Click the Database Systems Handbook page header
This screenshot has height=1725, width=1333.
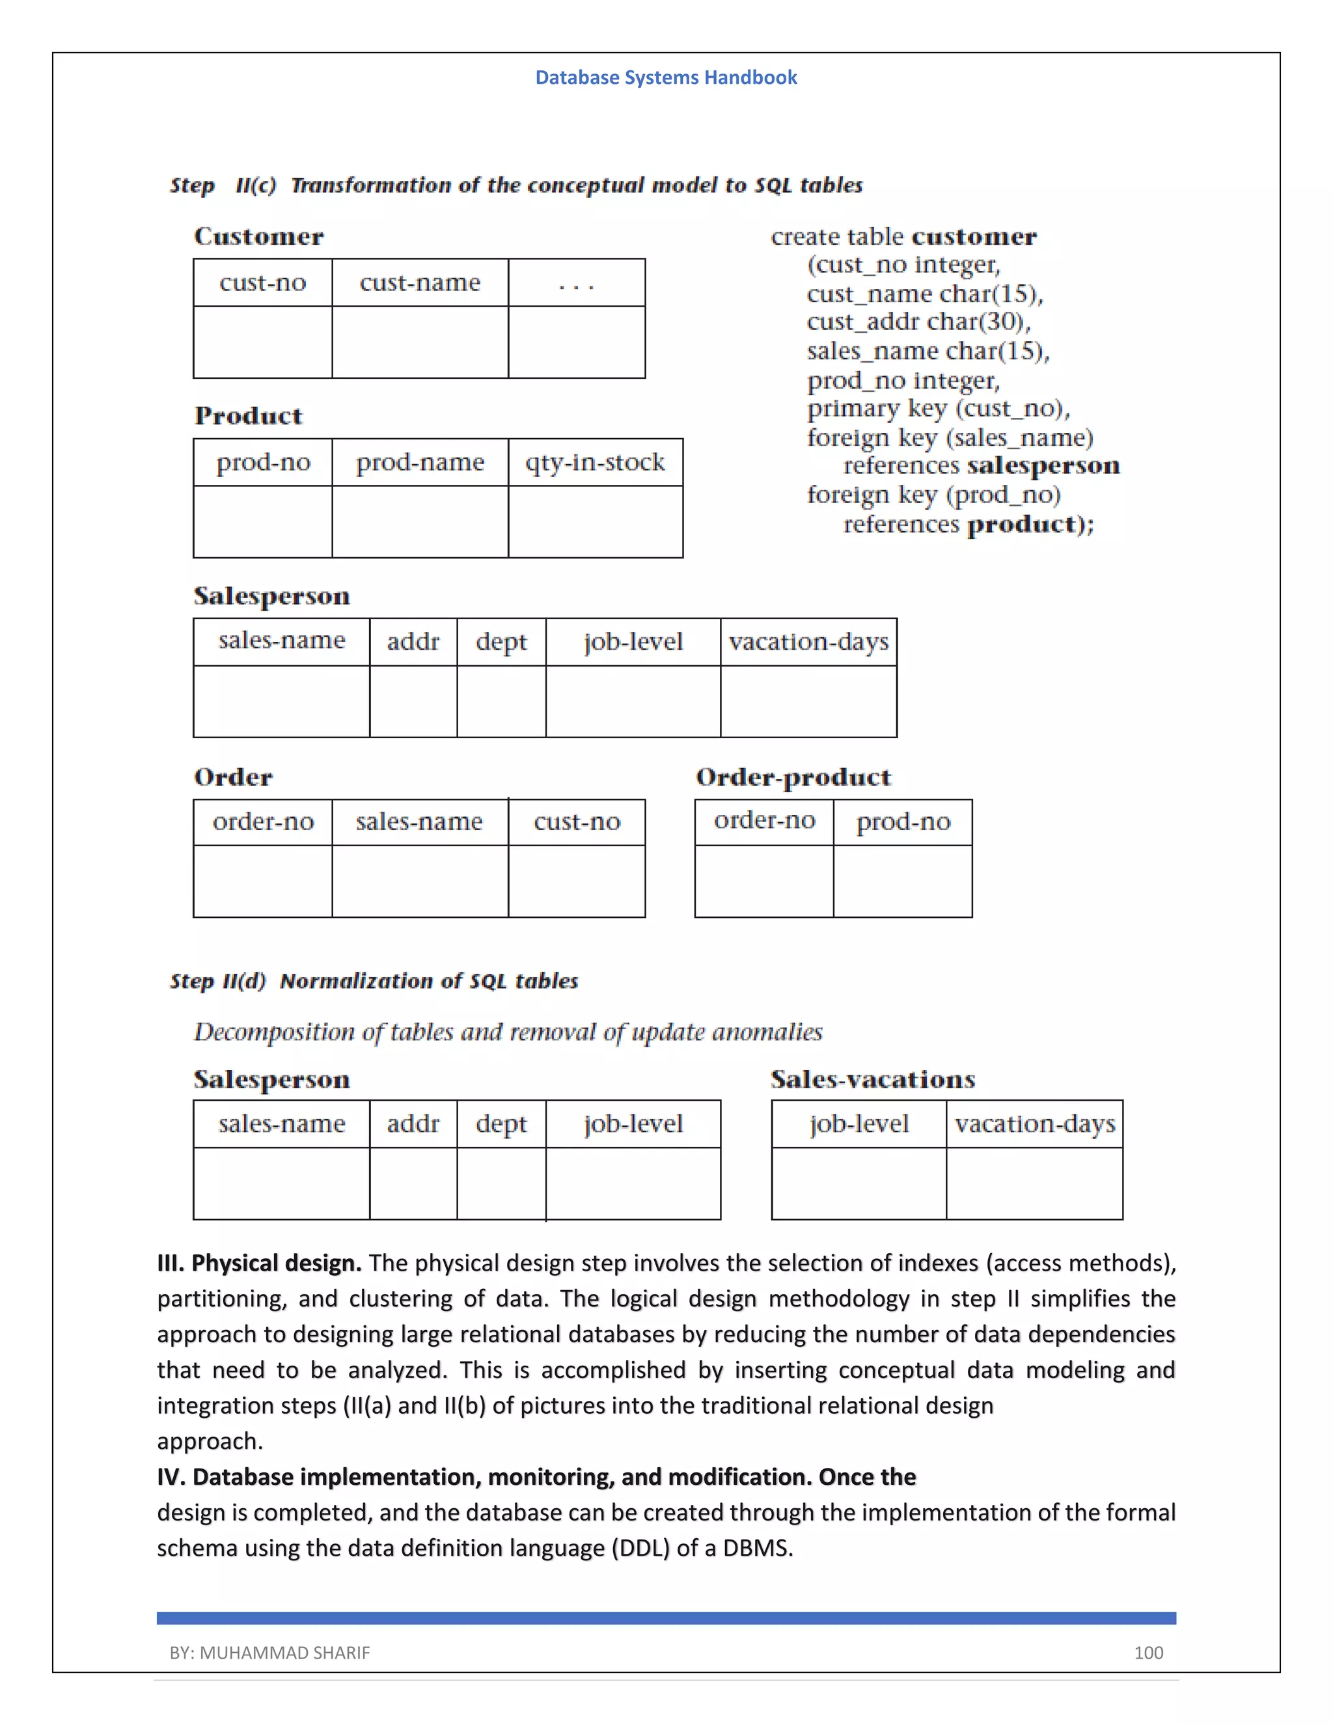(666, 77)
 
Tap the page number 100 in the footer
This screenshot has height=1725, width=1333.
(1148, 1652)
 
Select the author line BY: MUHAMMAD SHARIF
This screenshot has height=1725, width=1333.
(269, 1652)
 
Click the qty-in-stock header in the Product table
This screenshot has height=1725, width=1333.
(595, 462)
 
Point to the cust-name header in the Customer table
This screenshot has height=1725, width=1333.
(419, 283)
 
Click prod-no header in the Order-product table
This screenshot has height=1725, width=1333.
(903, 822)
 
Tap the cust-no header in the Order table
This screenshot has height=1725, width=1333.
(577, 822)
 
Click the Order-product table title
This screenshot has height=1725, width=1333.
(793, 777)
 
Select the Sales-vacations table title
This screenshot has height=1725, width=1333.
(873, 1079)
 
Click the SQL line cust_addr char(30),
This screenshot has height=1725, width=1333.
(918, 322)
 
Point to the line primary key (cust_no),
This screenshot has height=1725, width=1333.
(938, 408)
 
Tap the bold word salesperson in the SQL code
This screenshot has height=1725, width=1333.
(1043, 465)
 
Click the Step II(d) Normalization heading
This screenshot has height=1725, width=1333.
(374, 981)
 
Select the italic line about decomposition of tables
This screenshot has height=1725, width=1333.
(508, 1032)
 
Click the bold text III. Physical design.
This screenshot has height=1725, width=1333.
(259, 1263)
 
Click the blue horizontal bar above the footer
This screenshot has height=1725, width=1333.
(666, 1618)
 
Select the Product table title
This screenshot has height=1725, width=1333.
(248, 416)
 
